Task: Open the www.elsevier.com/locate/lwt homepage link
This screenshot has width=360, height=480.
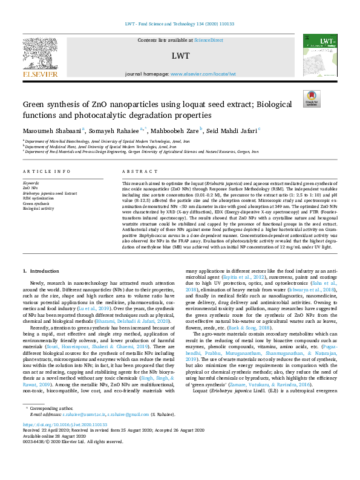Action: coord(203,74)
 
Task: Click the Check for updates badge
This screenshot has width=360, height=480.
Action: coord(311,98)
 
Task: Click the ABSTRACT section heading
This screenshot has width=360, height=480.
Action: coord(136,172)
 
